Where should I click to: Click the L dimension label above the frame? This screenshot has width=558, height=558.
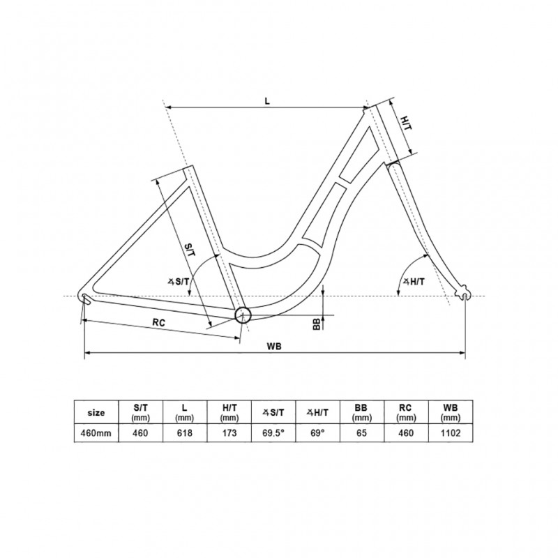267,100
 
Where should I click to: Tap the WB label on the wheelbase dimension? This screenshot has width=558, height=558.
273,347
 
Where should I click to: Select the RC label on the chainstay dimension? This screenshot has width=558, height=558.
159,322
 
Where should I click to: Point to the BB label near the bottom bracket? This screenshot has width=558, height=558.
317,324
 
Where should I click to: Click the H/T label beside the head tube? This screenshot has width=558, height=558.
406,123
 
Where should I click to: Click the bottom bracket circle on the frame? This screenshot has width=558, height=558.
242,315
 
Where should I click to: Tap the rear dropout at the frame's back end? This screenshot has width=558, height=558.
84,299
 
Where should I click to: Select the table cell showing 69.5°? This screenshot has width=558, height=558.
273,432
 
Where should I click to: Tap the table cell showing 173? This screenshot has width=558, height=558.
229,432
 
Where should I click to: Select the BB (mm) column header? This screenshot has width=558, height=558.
361,412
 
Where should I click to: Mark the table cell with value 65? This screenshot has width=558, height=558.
361,432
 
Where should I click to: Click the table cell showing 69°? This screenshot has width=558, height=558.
317,432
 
